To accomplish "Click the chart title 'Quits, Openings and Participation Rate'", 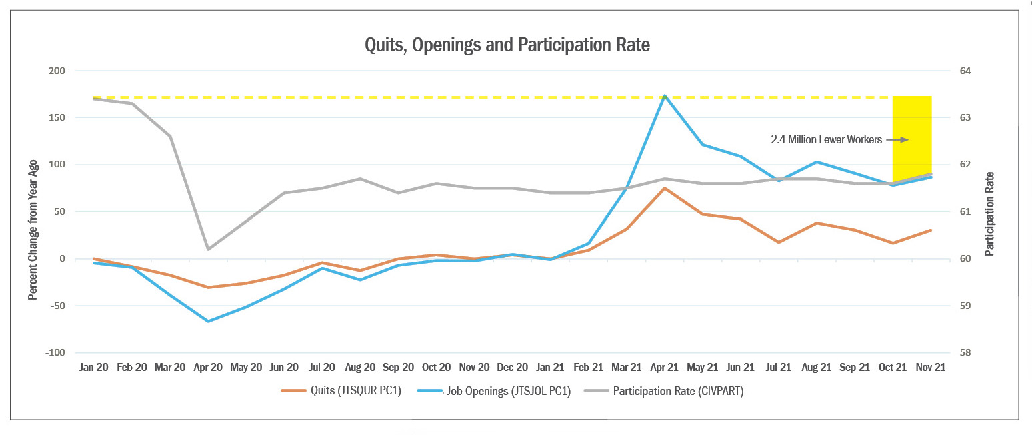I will (x=507, y=45).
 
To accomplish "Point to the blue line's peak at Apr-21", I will (x=665, y=96).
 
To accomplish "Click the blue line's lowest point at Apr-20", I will (x=209, y=321).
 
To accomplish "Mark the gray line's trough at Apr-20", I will (x=209, y=249).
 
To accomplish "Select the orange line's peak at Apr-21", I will (x=665, y=188).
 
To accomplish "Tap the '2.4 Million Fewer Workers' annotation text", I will (x=826, y=140).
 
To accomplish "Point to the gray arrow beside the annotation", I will (x=897, y=140).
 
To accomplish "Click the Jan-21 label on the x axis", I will (x=550, y=367).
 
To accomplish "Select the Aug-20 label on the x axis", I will (x=361, y=367).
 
